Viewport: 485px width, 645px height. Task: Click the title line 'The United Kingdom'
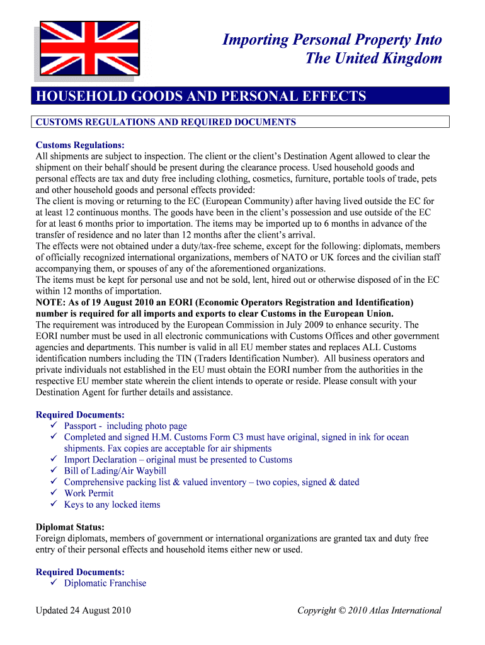coord(373,59)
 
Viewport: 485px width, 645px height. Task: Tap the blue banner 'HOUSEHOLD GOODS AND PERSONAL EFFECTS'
coord(201,96)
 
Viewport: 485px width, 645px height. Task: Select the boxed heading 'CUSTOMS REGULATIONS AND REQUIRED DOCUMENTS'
coord(166,122)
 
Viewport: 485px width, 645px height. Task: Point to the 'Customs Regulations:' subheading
coord(79,145)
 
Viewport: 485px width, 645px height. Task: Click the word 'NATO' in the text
coord(316,257)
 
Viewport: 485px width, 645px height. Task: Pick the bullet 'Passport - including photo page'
coord(125,426)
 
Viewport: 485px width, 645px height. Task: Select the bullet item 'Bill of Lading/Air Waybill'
coord(115,471)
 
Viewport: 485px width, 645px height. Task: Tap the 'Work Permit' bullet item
coord(89,493)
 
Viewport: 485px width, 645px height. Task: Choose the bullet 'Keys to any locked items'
coord(112,505)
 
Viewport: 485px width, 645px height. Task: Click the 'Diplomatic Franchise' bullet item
coord(105,583)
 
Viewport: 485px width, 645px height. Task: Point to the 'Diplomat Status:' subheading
coord(70,527)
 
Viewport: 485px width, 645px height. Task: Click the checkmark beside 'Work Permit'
coord(54,493)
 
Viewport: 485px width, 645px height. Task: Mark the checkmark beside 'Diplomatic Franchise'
coord(54,583)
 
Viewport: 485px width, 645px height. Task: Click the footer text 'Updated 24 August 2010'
coord(83,610)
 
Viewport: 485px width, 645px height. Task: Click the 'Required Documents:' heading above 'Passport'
coord(80,414)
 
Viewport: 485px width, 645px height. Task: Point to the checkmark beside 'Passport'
coord(54,426)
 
